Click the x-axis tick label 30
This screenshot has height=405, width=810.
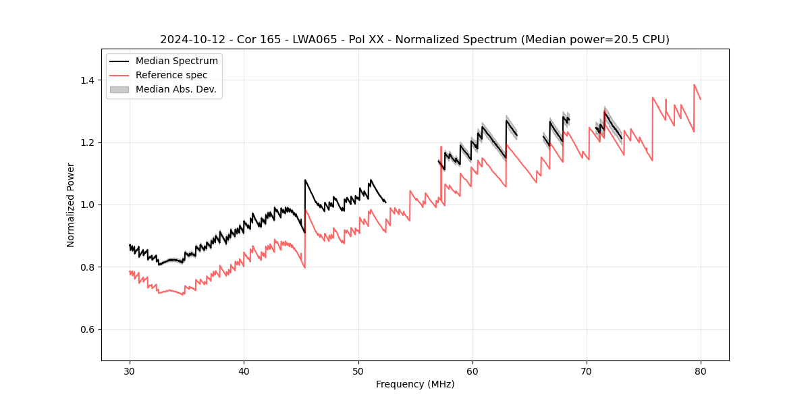pyautogui.click(x=130, y=371)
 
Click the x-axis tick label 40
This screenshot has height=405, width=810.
pyautogui.click(x=244, y=371)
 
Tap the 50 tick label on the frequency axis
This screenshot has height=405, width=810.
pyautogui.click(x=358, y=371)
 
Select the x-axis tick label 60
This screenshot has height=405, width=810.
pyautogui.click(x=473, y=371)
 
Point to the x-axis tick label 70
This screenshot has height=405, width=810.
pyautogui.click(x=587, y=371)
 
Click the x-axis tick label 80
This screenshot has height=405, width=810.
pyautogui.click(x=701, y=371)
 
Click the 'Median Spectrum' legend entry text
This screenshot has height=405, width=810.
pyautogui.click(x=177, y=61)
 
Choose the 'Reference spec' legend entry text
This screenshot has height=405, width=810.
pyautogui.click(x=171, y=75)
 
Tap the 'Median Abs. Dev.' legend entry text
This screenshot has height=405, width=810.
pyautogui.click(x=176, y=89)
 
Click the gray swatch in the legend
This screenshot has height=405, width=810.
pyautogui.click(x=119, y=89)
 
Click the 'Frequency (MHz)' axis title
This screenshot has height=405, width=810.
pyautogui.click(x=415, y=384)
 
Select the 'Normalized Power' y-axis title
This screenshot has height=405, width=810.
pyautogui.click(x=71, y=205)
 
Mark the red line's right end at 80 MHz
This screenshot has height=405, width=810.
pyautogui.click(x=701, y=99)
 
